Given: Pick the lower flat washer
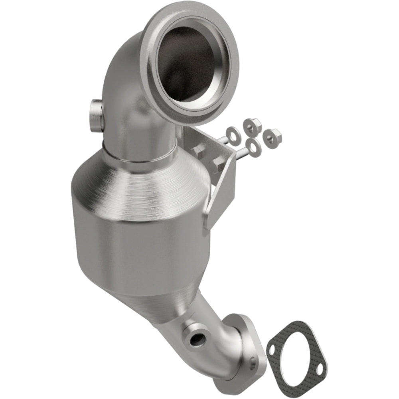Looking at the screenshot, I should pos(254,147).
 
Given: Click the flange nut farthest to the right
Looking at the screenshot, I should pos(273,136).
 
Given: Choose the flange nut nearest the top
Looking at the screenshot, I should pos(251,125).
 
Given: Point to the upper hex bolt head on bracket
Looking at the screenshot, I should pos(198,151).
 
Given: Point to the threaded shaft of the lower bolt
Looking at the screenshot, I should pos(241,154).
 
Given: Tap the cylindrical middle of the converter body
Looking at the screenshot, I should pos(144,247).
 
